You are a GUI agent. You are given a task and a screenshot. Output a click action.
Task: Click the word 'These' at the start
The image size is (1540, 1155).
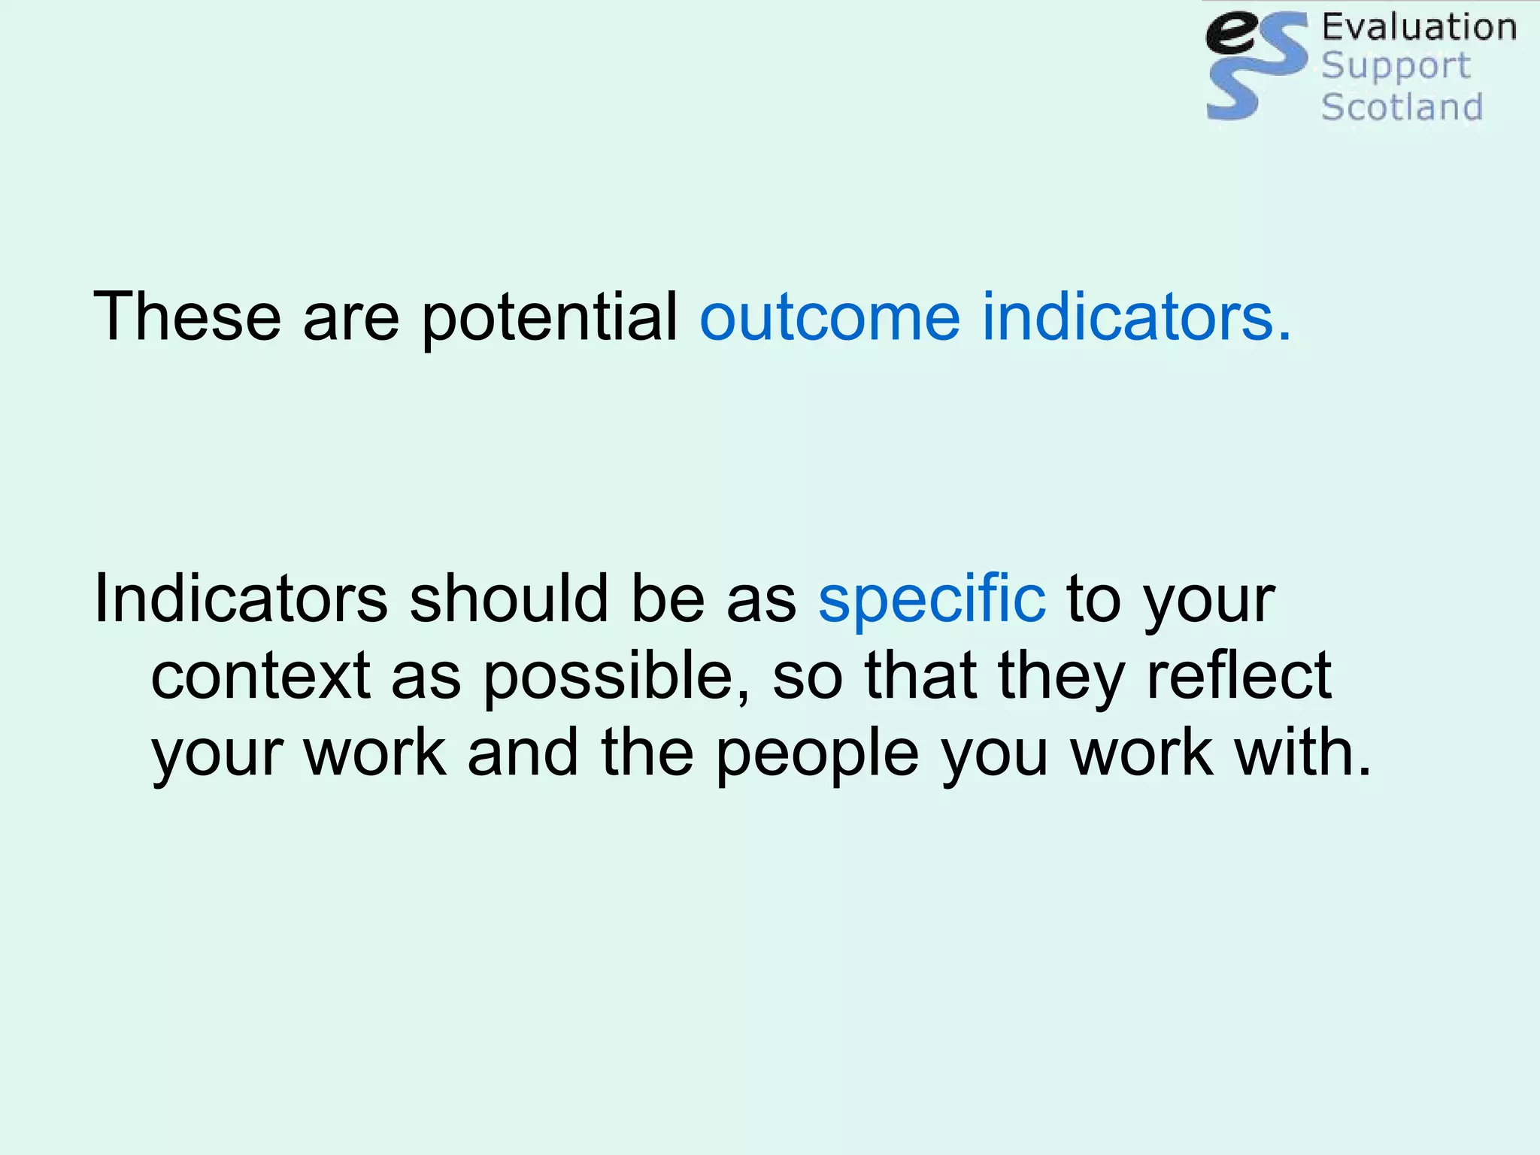(186, 317)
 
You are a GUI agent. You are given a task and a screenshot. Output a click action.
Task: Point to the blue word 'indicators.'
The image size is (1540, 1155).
(1136, 317)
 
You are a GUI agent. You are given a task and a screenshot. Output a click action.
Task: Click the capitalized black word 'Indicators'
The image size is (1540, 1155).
(241, 599)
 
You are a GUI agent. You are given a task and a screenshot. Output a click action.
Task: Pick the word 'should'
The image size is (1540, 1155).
(509, 599)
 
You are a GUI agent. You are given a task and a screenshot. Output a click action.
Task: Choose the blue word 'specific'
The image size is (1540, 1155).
(932, 599)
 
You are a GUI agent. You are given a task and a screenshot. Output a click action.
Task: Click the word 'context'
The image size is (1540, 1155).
(260, 675)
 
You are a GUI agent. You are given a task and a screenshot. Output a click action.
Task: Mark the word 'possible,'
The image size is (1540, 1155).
(616, 677)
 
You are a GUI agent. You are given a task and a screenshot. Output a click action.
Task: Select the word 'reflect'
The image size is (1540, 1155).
(1238, 675)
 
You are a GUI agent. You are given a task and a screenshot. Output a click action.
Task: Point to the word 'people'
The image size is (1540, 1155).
(817, 755)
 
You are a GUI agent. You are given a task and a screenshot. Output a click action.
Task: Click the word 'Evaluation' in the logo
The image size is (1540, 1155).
(1419, 27)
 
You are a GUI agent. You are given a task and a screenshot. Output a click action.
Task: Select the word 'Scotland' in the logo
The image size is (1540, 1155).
(1402, 107)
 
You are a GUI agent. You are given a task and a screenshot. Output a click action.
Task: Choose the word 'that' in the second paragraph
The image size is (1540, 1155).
(921, 675)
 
